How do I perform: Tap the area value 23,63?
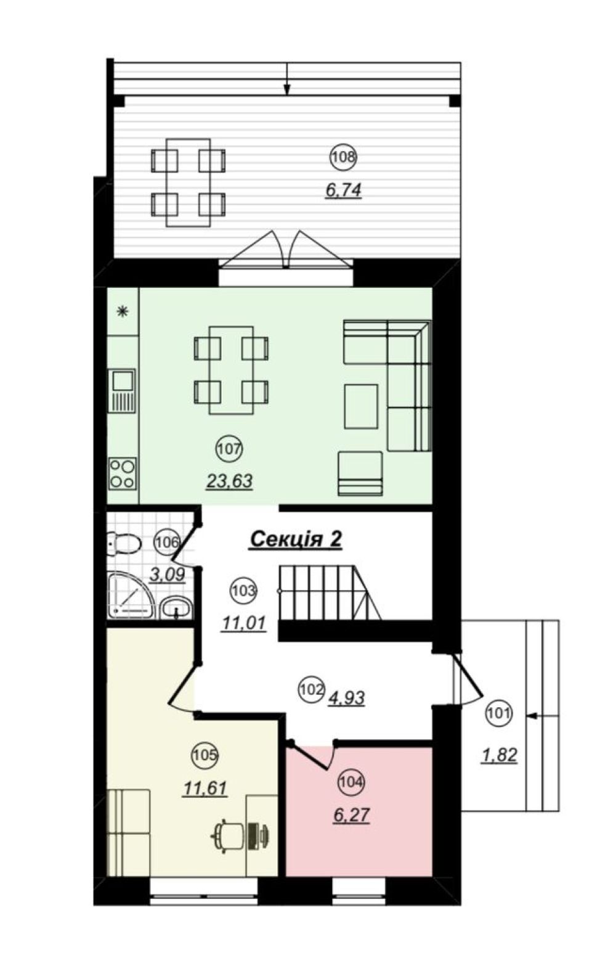point(229,481)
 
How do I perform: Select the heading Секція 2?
point(296,539)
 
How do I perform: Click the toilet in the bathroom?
point(124,543)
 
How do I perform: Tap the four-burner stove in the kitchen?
point(123,473)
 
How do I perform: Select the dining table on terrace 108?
point(188,182)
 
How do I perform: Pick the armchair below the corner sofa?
point(360,473)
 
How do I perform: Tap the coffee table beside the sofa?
point(361,406)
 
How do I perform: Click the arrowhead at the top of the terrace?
point(287,89)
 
